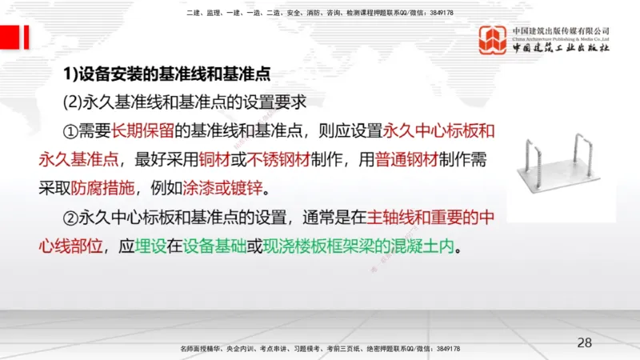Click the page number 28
[x=585, y=343]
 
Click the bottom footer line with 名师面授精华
[x=321, y=349]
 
